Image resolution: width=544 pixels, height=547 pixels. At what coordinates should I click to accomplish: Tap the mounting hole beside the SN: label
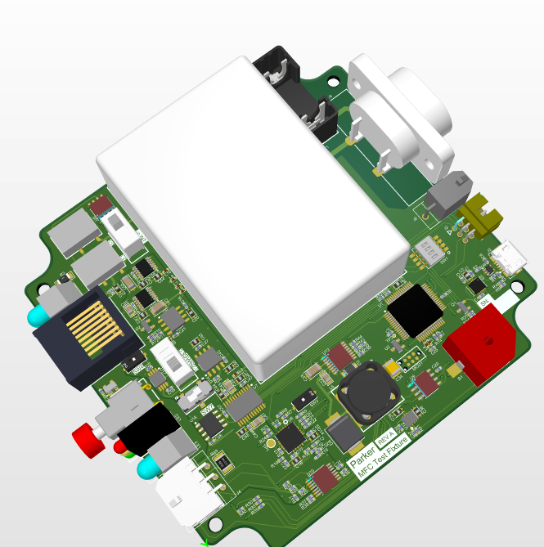click(x=515, y=289)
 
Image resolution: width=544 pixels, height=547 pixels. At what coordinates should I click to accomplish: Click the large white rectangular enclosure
click(x=250, y=213)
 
